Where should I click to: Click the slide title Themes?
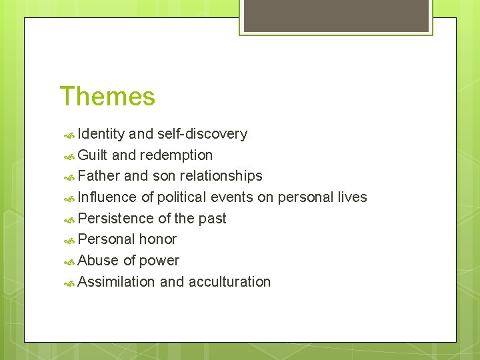(x=107, y=97)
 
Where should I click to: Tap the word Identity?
(x=101, y=134)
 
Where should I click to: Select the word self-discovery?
(x=202, y=134)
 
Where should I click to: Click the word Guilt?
(x=93, y=155)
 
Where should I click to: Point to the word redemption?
(x=177, y=155)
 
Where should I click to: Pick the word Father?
(x=99, y=176)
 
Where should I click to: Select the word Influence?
(x=107, y=197)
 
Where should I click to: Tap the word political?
(x=181, y=197)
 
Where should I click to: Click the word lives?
(x=352, y=197)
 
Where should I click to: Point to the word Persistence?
(x=115, y=219)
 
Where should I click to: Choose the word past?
(x=211, y=219)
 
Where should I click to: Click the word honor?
(x=157, y=239)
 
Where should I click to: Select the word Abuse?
(x=99, y=261)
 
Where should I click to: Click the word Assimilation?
(x=117, y=282)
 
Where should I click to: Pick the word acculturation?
(x=229, y=282)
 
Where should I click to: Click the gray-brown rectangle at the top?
(x=336, y=15)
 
